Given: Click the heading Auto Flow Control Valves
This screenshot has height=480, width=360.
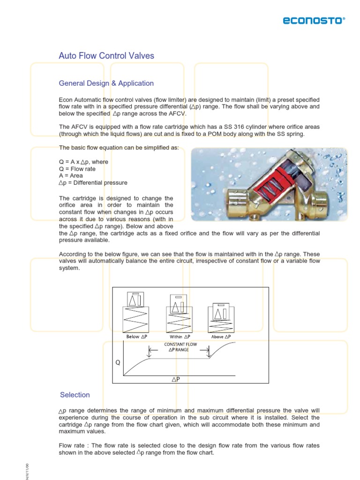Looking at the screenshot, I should click(106, 56).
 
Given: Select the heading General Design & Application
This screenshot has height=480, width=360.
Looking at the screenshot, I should click(106, 83).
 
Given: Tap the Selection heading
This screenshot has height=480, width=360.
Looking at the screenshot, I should click(75, 395).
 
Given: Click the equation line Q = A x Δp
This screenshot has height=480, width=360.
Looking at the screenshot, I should click(83, 162).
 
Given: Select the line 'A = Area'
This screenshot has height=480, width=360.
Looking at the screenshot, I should click(71, 176).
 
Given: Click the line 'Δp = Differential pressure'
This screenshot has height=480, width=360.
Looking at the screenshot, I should click(93, 183).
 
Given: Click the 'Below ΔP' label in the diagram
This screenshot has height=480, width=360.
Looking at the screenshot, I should click(137, 337).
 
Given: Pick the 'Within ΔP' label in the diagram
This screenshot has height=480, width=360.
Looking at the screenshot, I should click(180, 337).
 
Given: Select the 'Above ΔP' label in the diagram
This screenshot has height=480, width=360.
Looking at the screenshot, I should click(221, 337).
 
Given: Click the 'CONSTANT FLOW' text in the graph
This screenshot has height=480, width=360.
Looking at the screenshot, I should click(180, 345).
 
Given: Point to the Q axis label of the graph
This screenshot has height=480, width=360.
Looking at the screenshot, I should click(118, 362).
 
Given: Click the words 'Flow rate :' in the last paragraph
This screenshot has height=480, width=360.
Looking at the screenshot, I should click(73, 446).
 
